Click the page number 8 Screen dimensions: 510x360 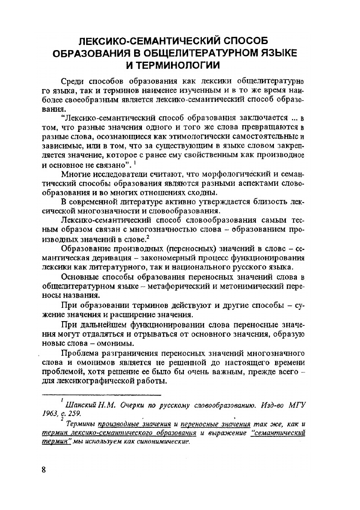pos(43,469)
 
